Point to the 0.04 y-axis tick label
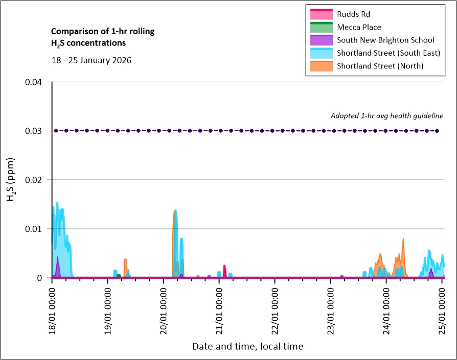pyautogui.click(x=36, y=82)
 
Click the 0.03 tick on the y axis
pyautogui.click(x=36, y=131)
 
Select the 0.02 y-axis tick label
pyautogui.click(x=36, y=180)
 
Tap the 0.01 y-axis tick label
pyautogui.click(x=36, y=229)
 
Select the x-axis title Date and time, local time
pyautogui.click(x=247, y=346)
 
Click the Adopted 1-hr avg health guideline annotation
pyautogui.click(x=386, y=116)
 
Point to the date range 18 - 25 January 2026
pyautogui.click(x=92, y=60)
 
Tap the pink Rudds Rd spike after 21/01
pyautogui.click(x=224, y=267)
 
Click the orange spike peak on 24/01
pyautogui.click(x=403, y=239)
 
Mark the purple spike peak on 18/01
pyautogui.click(x=58, y=258)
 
